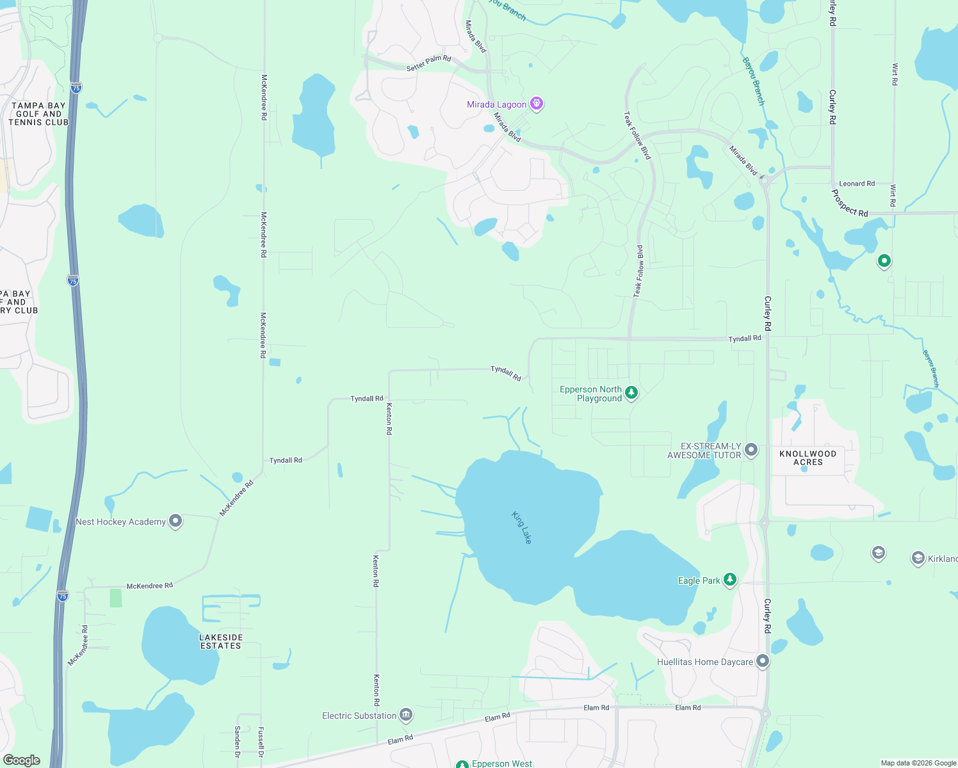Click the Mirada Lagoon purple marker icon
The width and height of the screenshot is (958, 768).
[537, 104]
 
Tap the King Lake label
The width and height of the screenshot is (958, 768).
[522, 527]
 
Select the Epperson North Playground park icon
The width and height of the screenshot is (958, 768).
[631, 393]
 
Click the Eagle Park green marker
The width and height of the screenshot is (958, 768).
[729, 580]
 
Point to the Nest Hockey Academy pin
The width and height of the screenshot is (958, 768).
[175, 521]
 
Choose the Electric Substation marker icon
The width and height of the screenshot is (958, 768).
[405, 715]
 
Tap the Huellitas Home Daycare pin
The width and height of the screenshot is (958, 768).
[762, 661]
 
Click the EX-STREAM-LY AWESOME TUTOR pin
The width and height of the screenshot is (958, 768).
[751, 450]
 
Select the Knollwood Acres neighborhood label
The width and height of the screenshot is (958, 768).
[808, 458]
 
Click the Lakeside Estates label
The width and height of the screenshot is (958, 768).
[221, 641]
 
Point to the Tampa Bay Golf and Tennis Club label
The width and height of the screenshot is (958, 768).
[38, 114]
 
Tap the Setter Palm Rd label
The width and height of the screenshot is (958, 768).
[428, 63]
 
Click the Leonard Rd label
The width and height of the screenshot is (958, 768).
[857, 184]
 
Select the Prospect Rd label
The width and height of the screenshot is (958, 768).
[850, 204]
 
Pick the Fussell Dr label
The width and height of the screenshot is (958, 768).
[261, 742]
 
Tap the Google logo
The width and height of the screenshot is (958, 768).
[22, 760]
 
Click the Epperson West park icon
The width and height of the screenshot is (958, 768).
[462, 764]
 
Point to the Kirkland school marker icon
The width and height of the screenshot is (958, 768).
[918, 558]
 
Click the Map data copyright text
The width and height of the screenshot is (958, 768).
[918, 763]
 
